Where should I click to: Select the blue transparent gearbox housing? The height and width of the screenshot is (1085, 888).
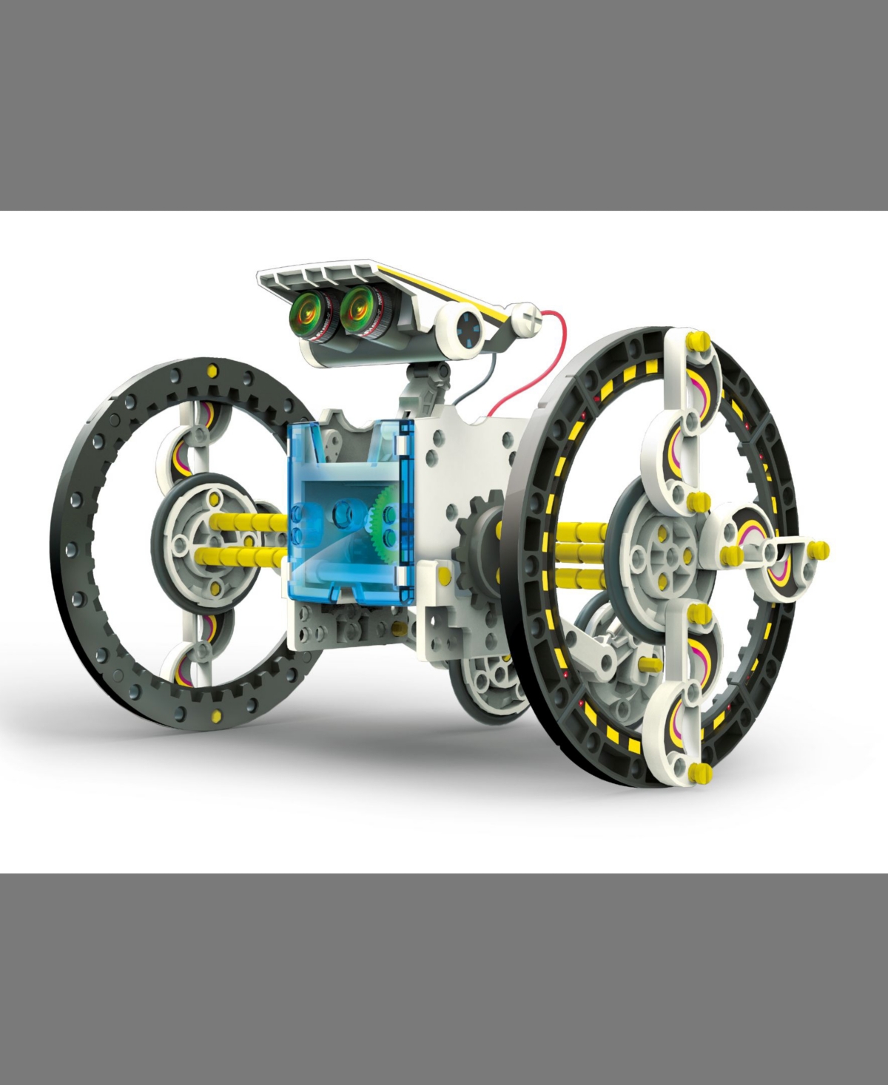pyautogui.click(x=348, y=518)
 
